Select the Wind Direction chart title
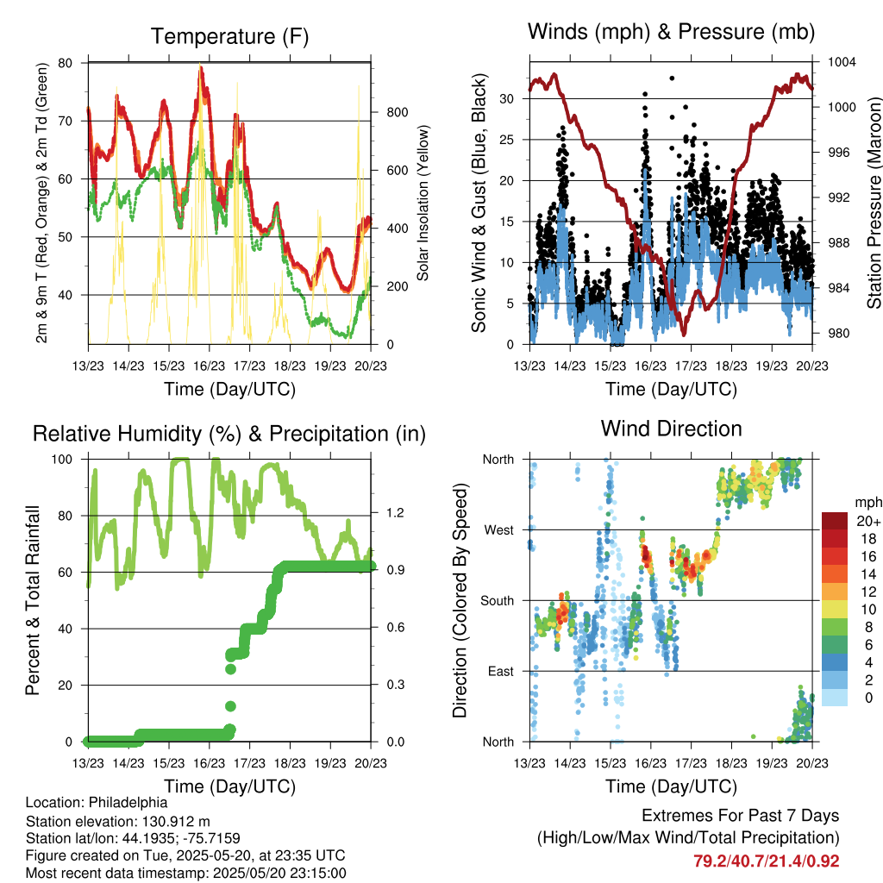(x=671, y=429)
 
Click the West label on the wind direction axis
(x=499, y=529)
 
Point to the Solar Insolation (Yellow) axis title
(x=423, y=204)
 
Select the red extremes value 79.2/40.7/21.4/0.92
(x=766, y=861)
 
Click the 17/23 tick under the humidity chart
(x=249, y=763)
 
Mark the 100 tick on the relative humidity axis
(x=67, y=460)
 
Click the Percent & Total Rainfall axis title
(x=34, y=600)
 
